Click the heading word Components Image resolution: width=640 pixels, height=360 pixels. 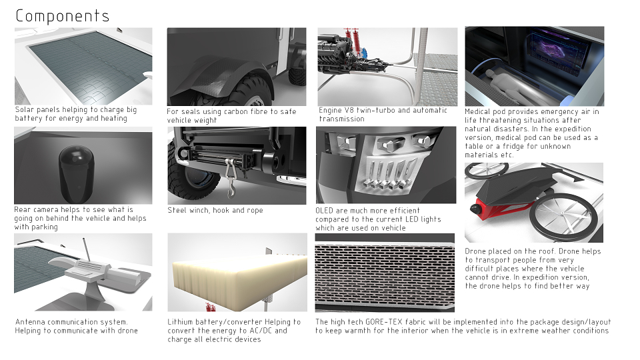point(63,16)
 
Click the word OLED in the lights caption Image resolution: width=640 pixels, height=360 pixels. point(325,211)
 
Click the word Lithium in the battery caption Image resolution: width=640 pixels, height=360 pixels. point(180,322)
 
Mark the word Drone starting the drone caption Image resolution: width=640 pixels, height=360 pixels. point(475,251)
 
